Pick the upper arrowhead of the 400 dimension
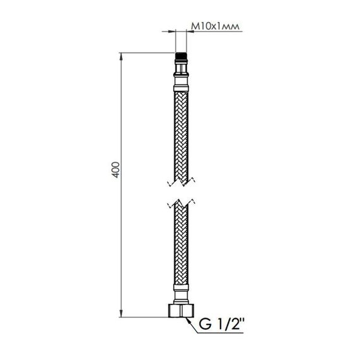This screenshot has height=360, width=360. point(122,57)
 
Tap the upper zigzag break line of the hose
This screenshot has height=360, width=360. point(181,183)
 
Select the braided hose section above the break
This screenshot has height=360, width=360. point(181,133)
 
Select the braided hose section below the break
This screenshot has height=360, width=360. point(181,253)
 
